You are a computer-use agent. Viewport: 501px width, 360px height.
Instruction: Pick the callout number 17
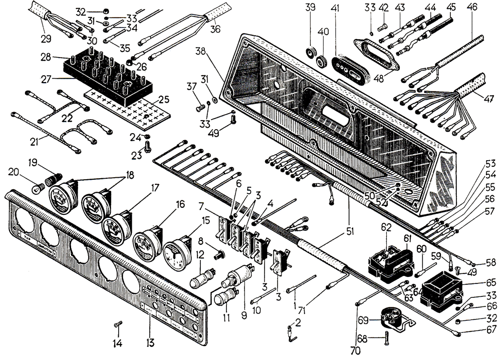pos(155,189)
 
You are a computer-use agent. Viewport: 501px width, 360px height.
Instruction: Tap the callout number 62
pos(386,226)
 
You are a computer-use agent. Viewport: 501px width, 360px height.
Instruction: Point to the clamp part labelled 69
pos(390,318)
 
